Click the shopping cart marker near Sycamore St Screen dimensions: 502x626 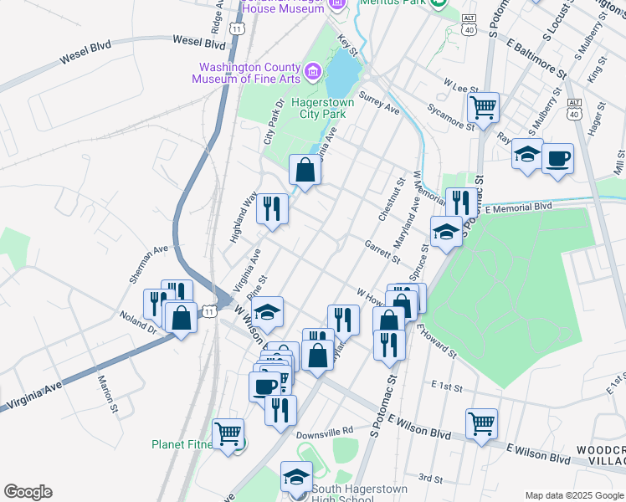(x=483, y=108)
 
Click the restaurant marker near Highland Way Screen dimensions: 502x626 (x=272, y=208)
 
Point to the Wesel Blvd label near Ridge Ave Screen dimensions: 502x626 (x=199, y=41)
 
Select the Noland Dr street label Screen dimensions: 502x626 (x=140, y=322)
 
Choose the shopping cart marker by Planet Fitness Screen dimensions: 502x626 (x=228, y=433)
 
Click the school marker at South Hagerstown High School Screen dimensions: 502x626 (x=295, y=477)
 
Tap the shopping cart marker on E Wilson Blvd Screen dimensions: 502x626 (x=481, y=423)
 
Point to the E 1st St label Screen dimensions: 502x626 (x=448, y=386)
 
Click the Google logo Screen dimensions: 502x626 (x=28, y=492)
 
